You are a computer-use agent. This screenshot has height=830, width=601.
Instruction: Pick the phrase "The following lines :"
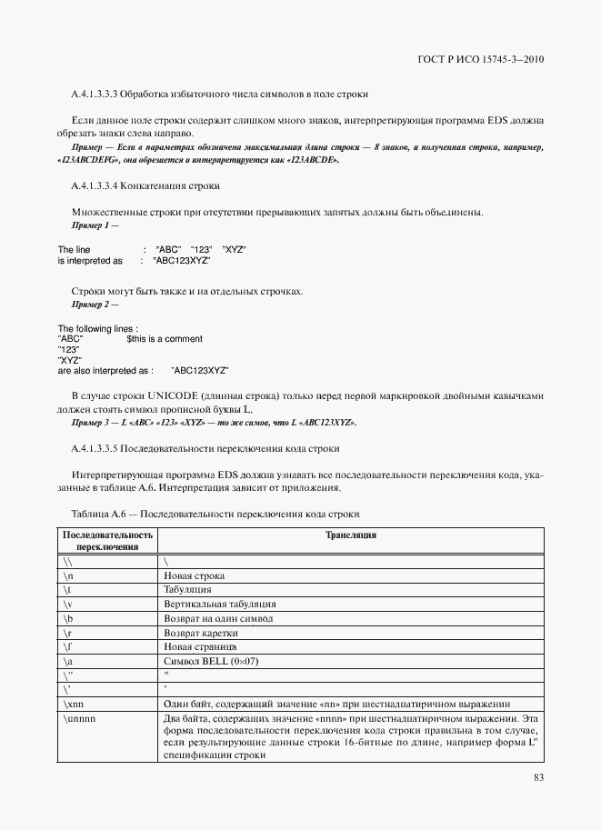98,328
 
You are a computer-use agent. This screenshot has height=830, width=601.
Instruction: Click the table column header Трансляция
351,535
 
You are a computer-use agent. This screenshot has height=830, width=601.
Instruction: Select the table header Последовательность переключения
107,541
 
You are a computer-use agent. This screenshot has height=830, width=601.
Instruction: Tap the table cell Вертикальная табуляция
220,604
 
